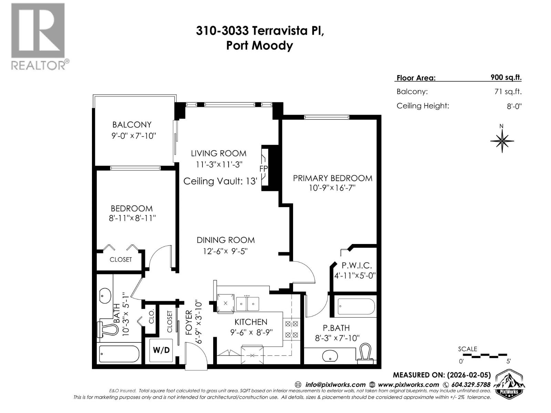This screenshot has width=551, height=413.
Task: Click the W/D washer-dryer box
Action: click(161, 350)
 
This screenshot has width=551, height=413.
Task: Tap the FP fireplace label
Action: click(263, 169)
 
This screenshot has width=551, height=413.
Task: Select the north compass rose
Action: click(502, 140)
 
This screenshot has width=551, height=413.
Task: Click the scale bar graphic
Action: click(484, 355)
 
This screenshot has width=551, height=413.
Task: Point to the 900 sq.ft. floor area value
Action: click(506, 77)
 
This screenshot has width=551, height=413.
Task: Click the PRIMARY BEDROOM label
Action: click(332, 178)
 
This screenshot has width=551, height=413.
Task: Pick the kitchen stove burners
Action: click(291, 329)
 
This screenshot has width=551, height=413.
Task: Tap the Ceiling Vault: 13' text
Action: click(220, 181)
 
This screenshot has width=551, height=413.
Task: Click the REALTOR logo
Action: click(38, 36)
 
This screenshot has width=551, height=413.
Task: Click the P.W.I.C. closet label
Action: click(356, 265)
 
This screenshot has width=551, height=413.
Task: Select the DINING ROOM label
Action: click(226, 240)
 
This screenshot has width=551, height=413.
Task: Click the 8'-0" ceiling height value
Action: click(514, 106)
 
